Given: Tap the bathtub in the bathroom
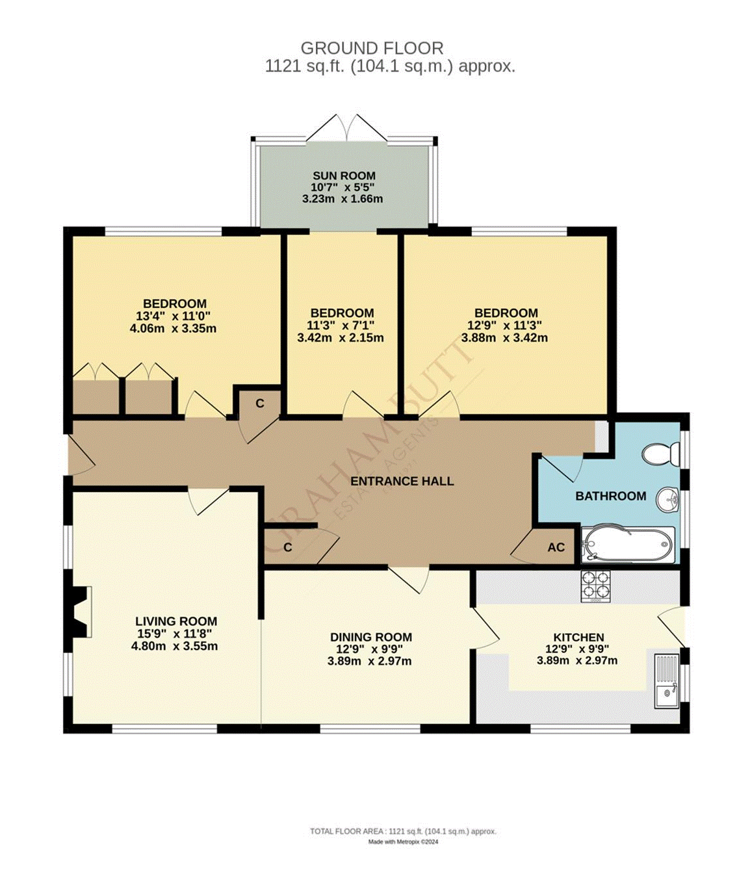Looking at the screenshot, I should point(627,543).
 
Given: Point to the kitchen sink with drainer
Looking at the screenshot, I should point(666,680).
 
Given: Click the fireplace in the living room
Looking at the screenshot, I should point(79,612).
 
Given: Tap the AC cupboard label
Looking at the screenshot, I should point(556,547).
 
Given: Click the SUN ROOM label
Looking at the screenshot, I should point(344,175).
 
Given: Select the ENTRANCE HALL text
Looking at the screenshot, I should point(402,481).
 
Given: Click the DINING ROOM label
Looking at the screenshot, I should point(370,637).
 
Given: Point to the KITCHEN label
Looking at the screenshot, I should point(578,637).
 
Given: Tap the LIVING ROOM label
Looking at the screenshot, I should point(176,621).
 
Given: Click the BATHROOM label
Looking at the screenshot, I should point(610,496).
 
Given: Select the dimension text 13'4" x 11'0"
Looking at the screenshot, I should point(173,316).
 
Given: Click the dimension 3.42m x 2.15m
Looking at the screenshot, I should point(340,338).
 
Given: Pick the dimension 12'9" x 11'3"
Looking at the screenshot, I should point(504,325).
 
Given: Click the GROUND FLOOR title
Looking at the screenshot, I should point(372,48).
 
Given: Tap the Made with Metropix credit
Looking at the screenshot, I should point(403,842).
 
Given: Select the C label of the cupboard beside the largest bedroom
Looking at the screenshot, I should point(259,404).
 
